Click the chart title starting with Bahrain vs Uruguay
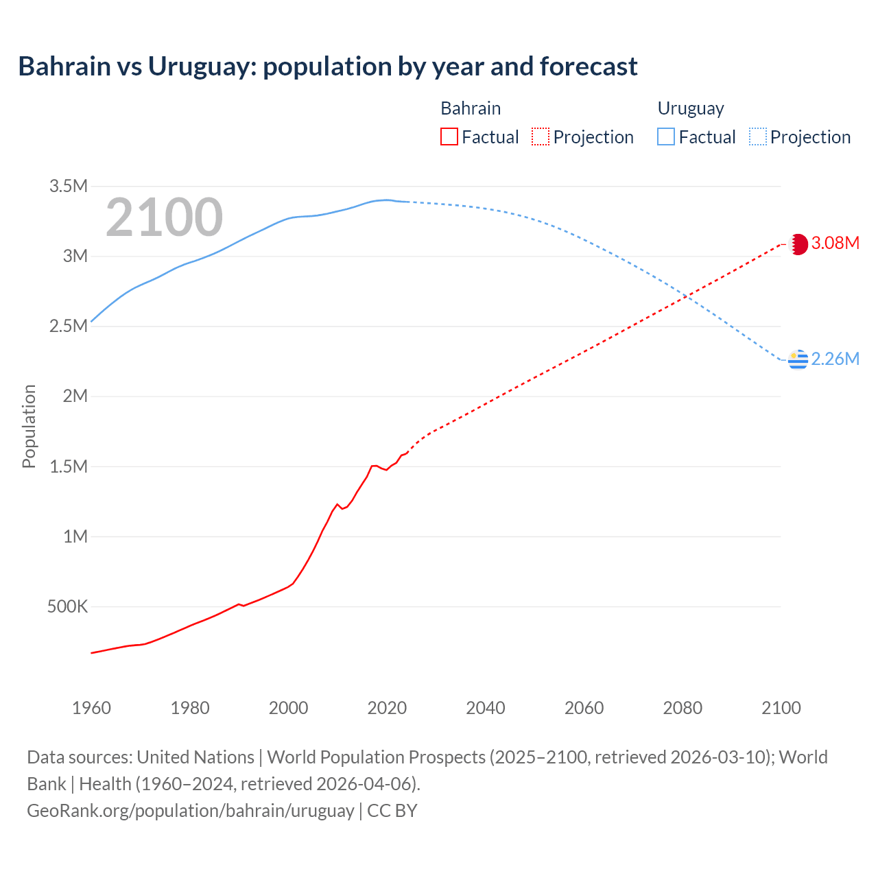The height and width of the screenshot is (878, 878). (328, 67)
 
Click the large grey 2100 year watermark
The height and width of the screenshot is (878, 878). (164, 217)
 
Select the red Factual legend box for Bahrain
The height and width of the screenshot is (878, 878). (449, 137)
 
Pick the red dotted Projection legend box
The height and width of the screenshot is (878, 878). (541, 137)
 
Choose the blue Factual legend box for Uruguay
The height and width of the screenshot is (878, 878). (665, 137)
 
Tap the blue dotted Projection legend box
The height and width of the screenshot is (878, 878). (757, 137)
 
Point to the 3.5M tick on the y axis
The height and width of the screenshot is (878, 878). (69, 186)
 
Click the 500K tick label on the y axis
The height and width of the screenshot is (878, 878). (67, 606)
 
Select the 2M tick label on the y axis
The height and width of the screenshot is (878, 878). (75, 396)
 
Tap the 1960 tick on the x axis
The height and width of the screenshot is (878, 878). (91, 708)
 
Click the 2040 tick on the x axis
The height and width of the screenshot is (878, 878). (486, 708)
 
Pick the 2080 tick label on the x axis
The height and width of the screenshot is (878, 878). (683, 708)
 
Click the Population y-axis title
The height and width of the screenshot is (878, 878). (29, 426)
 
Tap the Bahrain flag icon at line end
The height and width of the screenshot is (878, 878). (798, 244)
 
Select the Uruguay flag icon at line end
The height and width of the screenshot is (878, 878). (798, 359)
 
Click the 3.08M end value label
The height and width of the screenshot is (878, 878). (835, 244)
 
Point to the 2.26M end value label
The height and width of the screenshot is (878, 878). (835, 359)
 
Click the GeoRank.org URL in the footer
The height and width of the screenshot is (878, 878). (190, 810)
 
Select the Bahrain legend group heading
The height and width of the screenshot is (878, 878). (471, 108)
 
